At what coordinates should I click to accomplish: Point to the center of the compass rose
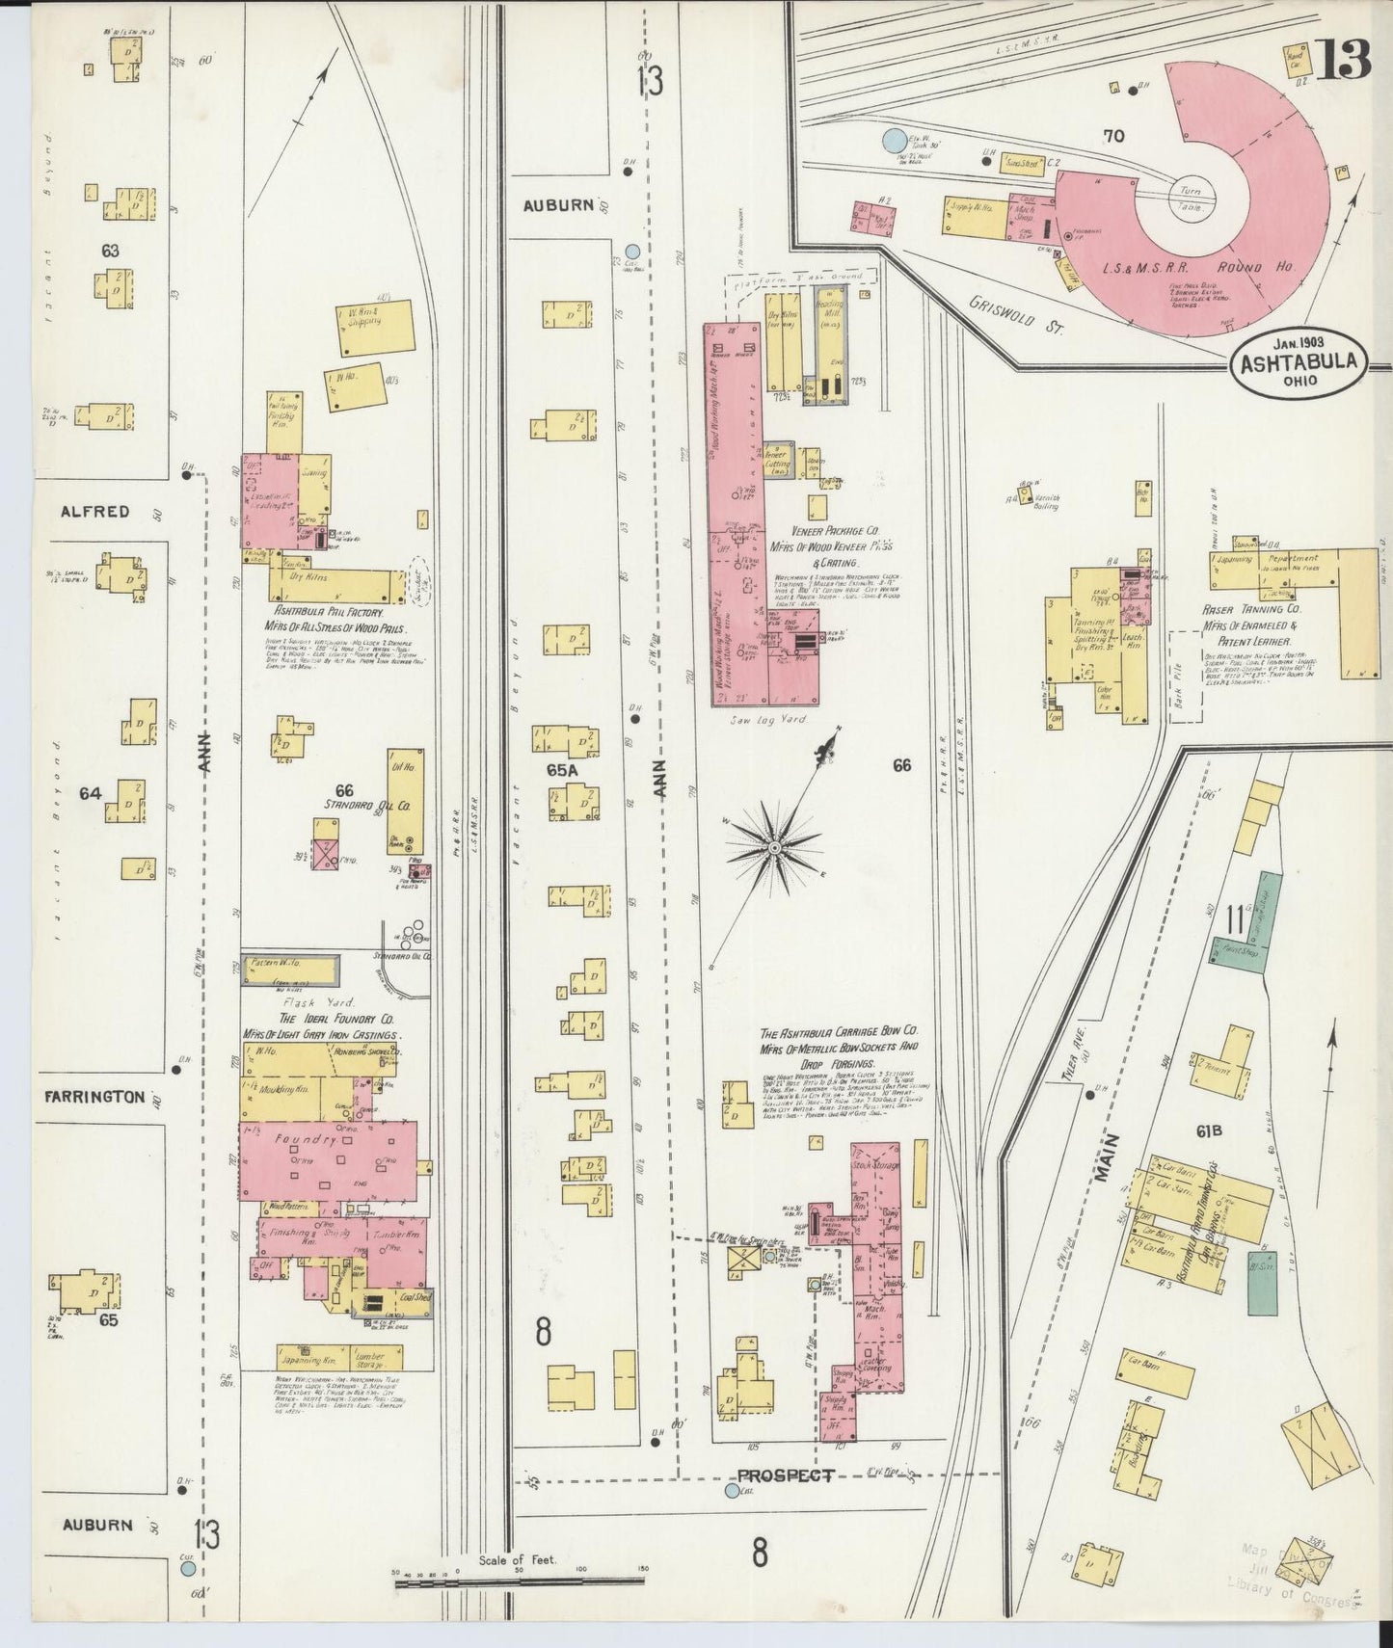(x=773, y=847)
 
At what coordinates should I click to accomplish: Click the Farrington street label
(x=94, y=1096)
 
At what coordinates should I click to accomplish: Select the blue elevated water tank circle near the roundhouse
(x=894, y=142)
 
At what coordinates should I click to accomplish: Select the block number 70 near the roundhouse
(x=1113, y=137)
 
